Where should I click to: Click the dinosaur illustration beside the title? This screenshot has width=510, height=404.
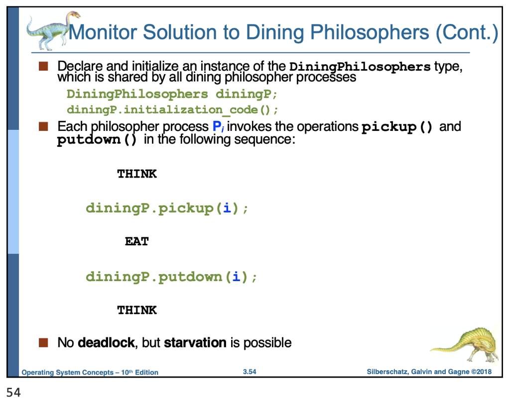(47, 31)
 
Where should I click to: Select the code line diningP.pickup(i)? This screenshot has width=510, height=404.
(166, 208)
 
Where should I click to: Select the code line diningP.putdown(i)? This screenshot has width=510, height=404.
(171, 277)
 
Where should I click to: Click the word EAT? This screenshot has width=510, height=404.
(136, 242)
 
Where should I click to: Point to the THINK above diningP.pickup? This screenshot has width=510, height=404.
(137, 174)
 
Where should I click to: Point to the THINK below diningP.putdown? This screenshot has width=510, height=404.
(137, 310)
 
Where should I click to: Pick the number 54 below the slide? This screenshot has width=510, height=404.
(13, 393)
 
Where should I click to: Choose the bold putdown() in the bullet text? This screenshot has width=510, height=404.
(97, 140)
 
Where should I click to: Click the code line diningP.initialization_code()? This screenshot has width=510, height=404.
(172, 109)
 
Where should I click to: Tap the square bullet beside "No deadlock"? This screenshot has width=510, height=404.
(44, 342)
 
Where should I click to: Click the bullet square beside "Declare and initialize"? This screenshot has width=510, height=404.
(44, 66)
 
